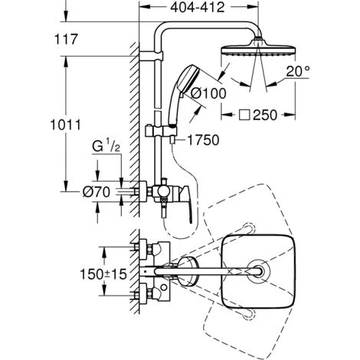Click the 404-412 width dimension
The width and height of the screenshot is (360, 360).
click(x=198, y=8)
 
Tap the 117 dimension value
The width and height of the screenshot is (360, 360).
click(x=66, y=39)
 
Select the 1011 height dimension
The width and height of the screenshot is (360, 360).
click(x=65, y=125)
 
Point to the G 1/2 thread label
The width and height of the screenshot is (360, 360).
click(x=106, y=146)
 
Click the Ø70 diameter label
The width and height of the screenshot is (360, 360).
click(x=97, y=191)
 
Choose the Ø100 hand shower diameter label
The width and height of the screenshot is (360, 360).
click(x=208, y=93)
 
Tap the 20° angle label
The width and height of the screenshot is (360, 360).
click(x=298, y=71)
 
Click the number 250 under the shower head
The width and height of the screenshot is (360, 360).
click(x=265, y=115)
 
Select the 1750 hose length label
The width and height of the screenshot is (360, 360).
click(x=203, y=140)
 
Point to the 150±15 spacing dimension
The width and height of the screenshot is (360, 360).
click(x=103, y=274)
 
